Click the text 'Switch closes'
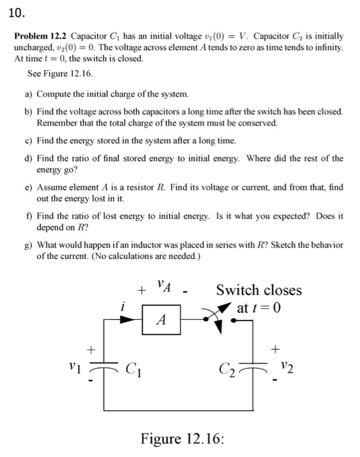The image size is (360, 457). click(259, 289)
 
